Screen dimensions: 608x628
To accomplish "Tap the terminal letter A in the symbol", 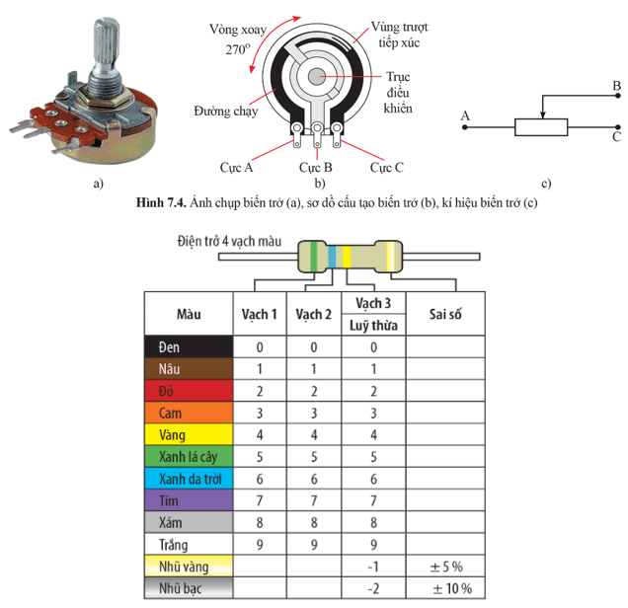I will point(464,116).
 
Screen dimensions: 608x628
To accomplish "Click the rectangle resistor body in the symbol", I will point(541,126).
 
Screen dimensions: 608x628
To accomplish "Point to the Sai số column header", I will point(445,315).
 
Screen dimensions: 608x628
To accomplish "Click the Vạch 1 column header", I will point(259,315).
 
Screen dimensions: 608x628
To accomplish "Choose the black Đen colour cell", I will point(189,347).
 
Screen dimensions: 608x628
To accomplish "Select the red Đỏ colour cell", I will point(189,391).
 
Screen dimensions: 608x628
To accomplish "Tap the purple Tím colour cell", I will point(189,500).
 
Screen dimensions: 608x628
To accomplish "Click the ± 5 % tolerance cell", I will point(445,567).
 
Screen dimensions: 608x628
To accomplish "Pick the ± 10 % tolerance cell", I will point(445,588).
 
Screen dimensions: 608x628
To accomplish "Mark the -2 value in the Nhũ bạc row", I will point(372,588).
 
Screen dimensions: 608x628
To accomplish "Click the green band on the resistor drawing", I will point(315,257).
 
